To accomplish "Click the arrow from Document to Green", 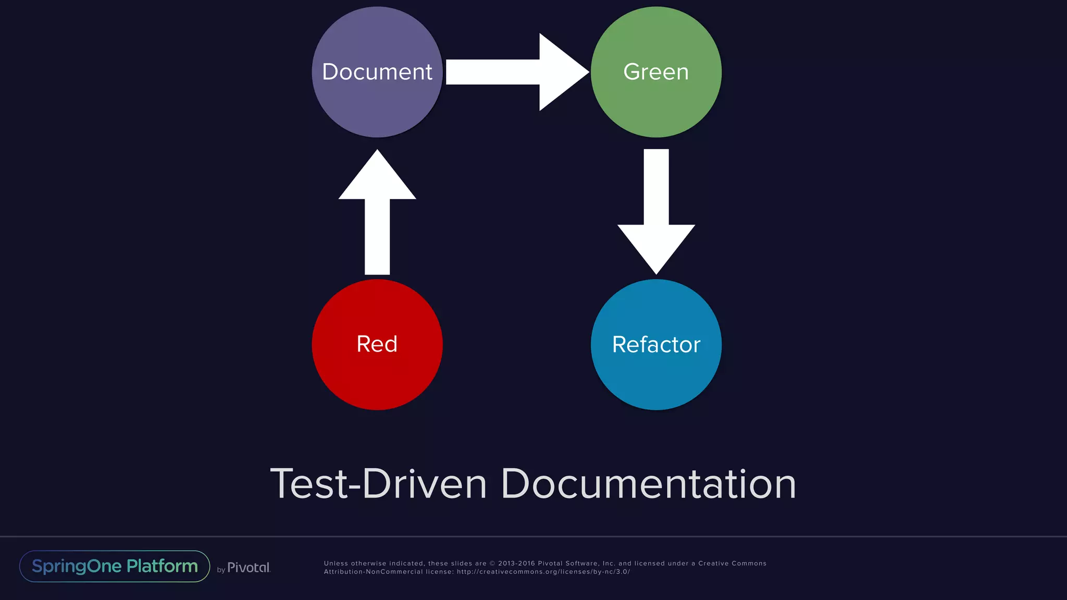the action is point(516,72).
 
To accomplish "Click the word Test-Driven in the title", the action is point(378,484).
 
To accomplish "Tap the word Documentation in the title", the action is point(648,484).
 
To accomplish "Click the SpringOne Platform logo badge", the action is point(115,566).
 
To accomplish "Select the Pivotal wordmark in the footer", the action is point(249,568).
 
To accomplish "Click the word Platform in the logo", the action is point(162,566).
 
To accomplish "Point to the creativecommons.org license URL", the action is point(543,572).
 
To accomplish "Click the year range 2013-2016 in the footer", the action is point(516,564).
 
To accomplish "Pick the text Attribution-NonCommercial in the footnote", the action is point(373,572).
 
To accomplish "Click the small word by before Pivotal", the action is point(221,570).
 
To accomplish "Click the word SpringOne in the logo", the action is point(77,566).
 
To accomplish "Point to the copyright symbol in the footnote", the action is point(492,564).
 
